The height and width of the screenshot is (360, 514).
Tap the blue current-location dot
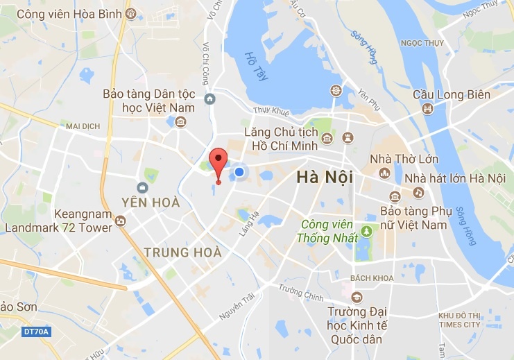239,171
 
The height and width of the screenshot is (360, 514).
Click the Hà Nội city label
324,178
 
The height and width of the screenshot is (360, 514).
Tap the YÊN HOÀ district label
151,203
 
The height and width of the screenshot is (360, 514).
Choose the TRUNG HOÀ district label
182,252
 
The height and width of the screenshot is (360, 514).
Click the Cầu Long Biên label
461,95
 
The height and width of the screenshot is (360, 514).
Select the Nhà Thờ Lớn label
404,160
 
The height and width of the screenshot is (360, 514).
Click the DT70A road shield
35,332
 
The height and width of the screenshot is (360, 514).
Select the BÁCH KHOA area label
372,278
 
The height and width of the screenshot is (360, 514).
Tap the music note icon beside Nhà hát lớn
418,192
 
